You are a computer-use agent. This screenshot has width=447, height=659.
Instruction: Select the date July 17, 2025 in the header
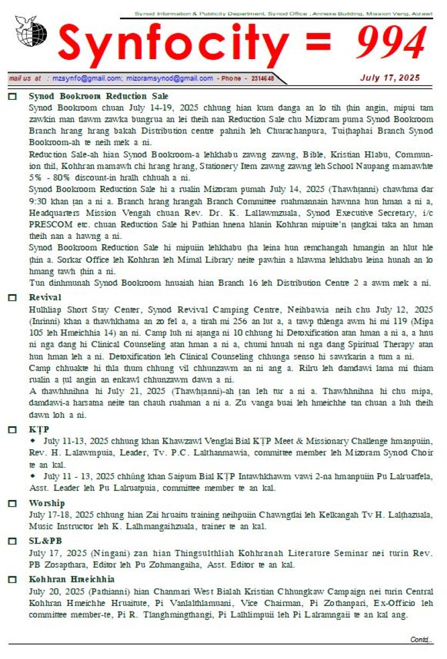(389, 78)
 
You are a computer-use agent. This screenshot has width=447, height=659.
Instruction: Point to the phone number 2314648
(262, 79)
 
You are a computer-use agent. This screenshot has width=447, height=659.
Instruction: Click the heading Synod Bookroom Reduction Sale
(98, 97)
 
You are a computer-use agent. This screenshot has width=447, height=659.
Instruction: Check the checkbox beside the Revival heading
(12, 297)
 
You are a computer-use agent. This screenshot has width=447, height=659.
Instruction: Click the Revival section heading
(45, 297)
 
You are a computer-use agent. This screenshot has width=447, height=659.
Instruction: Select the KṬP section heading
(37, 430)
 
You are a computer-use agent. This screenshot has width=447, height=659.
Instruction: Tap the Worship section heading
(46, 503)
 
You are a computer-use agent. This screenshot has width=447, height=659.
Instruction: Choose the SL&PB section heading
(45, 541)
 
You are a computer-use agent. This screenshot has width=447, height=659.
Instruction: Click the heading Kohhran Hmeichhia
(72, 579)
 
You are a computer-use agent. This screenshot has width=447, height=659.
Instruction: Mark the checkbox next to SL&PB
(12, 541)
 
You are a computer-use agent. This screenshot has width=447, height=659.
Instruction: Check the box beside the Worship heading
(12, 503)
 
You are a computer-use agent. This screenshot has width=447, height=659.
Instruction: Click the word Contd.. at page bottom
(421, 639)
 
